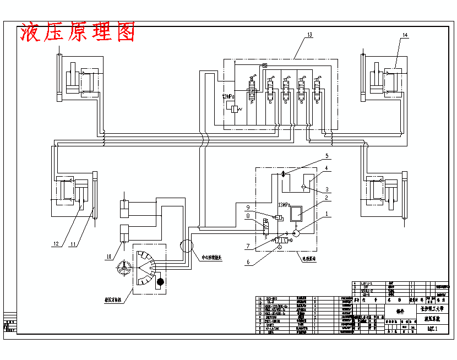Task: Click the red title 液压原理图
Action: point(77,33)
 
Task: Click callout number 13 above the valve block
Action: point(309,35)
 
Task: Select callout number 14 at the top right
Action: point(405,35)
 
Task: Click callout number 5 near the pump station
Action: point(327,156)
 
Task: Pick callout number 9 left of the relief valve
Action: point(248,208)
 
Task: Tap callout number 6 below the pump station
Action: point(248,263)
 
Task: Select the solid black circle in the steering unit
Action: point(160,282)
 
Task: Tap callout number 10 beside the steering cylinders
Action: point(108,257)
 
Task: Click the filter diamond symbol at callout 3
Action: point(303,187)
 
